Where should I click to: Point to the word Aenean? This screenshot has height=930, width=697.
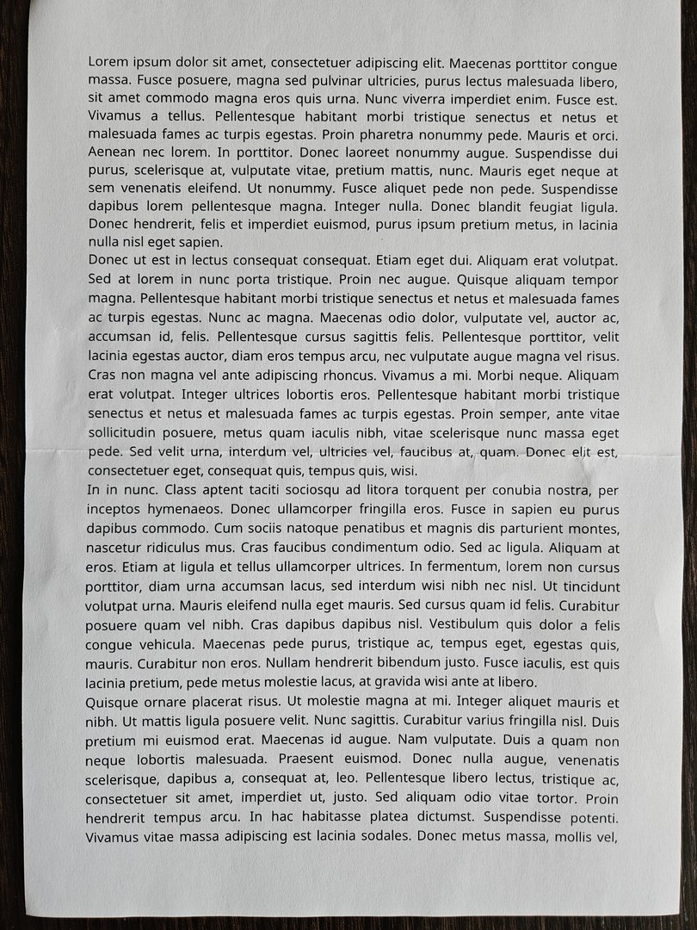point(110,153)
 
